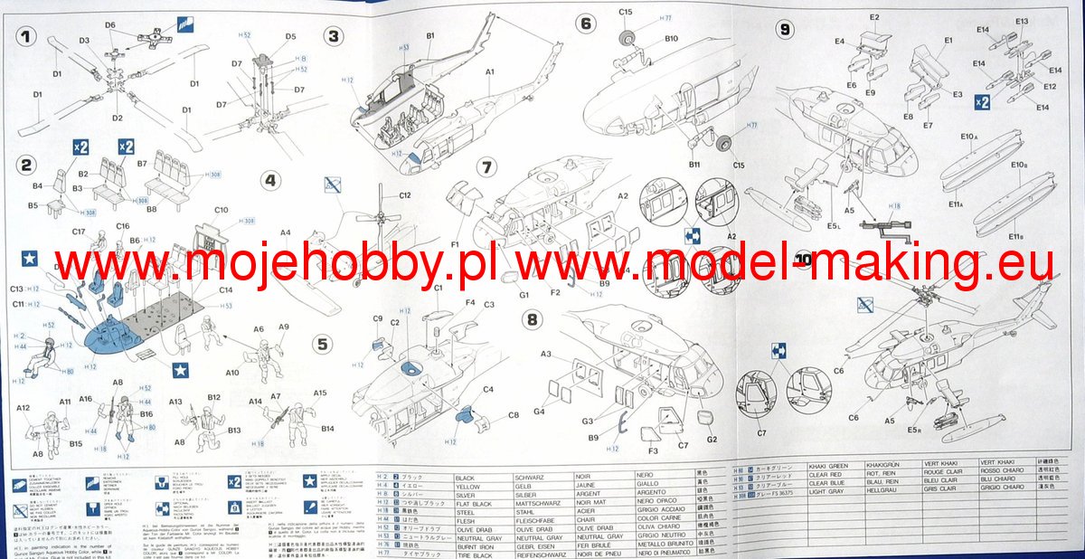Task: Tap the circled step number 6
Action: [x=586, y=24]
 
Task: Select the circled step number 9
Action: [x=785, y=29]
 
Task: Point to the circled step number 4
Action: [x=269, y=179]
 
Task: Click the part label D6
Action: [x=110, y=25]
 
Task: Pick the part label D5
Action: [x=290, y=37]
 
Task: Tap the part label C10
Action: [x=222, y=211]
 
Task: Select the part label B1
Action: [x=430, y=35]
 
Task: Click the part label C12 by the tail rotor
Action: [x=404, y=195]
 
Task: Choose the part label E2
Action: [x=874, y=18]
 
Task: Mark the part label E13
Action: [x=1022, y=21]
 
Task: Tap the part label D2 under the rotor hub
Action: [x=118, y=118]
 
